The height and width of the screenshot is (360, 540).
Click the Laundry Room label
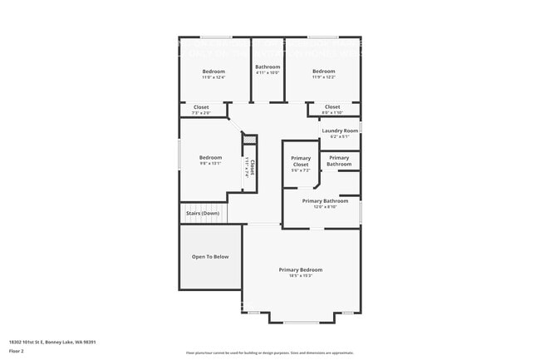[x=340, y=131]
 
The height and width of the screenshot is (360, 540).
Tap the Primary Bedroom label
[x=300, y=269]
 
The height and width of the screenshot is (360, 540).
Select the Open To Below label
[x=210, y=256]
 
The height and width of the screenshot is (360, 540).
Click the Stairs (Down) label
[x=204, y=213]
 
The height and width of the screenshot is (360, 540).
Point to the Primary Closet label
[x=300, y=161]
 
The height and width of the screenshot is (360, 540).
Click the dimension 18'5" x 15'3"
[x=300, y=276]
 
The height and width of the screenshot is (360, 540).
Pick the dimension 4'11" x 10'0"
[x=268, y=72]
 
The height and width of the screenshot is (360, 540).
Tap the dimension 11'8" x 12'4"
[x=214, y=77]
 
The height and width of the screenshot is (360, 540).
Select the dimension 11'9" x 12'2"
[x=323, y=77]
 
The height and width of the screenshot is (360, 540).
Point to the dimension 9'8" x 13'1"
[x=210, y=163]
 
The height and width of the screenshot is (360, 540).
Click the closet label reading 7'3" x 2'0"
[x=201, y=112]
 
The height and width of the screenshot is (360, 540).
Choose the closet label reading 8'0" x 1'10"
[x=332, y=112]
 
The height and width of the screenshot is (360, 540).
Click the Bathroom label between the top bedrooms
[x=268, y=67]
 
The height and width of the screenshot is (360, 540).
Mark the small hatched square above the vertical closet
[x=247, y=141]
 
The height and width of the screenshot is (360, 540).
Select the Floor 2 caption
[x=17, y=350]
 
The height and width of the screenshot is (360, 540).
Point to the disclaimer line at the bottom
[x=269, y=353]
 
